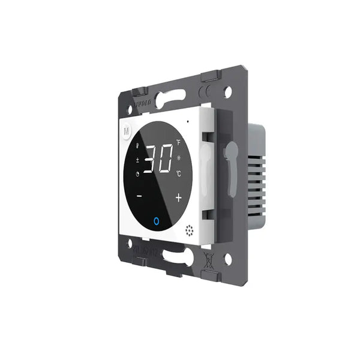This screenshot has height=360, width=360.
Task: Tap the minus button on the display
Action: pos(139,196)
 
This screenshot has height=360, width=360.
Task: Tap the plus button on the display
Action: pos(178,197)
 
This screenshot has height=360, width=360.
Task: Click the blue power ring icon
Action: pos(157,221)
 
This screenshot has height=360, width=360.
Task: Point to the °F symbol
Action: pos(178,143)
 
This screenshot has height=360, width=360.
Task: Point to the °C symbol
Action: pos(178,173)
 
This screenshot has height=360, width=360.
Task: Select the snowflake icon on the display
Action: pos(178,158)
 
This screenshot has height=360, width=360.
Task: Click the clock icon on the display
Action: pos(137,175)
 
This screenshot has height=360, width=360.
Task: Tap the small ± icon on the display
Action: pos(137,160)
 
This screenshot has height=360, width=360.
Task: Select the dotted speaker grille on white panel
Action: pos(190,230)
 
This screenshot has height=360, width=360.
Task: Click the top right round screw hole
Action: pos(228,91)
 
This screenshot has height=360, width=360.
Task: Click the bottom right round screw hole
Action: pos(227,259)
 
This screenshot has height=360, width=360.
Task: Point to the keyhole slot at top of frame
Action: pos(173,98)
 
